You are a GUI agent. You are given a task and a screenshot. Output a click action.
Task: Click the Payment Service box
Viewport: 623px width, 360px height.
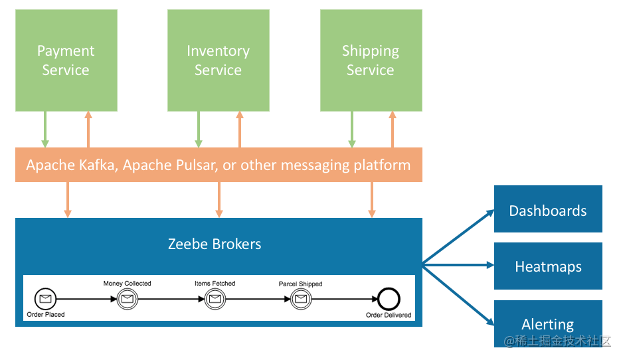[x=66, y=60]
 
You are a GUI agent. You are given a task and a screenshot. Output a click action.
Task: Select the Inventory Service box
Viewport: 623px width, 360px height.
[x=218, y=60]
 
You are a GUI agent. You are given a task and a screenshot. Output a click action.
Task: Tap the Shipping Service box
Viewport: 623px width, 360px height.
[x=371, y=60]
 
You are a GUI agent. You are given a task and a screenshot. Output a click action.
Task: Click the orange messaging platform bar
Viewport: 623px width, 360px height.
[x=218, y=165]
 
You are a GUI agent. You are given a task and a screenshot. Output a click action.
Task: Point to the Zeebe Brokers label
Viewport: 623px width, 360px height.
[x=215, y=244]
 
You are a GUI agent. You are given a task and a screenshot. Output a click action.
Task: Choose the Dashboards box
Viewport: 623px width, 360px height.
[x=548, y=210]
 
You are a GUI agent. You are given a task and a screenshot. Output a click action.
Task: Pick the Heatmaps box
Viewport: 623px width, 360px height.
[x=548, y=266]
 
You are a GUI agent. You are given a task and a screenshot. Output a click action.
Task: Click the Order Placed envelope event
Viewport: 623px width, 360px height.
[x=45, y=300]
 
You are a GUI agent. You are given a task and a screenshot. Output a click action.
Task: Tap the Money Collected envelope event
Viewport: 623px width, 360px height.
[x=127, y=300]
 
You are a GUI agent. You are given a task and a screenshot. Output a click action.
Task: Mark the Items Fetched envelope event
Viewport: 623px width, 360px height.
[x=215, y=300]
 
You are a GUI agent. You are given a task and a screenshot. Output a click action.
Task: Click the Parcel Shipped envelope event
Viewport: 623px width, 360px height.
[x=300, y=300]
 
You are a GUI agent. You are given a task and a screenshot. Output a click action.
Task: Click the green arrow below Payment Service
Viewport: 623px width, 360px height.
[x=45, y=129]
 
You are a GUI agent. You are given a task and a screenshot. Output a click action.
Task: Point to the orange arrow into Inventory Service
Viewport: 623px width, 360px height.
[x=240, y=129]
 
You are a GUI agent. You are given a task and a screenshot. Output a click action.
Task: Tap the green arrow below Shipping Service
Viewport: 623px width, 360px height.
[x=352, y=129]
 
